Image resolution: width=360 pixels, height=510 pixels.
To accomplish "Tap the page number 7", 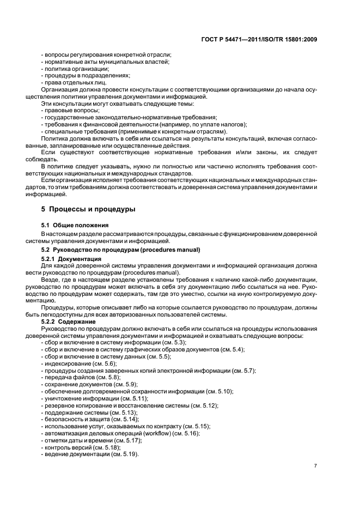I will click(315, 465).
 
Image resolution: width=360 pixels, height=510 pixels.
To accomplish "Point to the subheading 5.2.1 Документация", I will click(71, 258).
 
